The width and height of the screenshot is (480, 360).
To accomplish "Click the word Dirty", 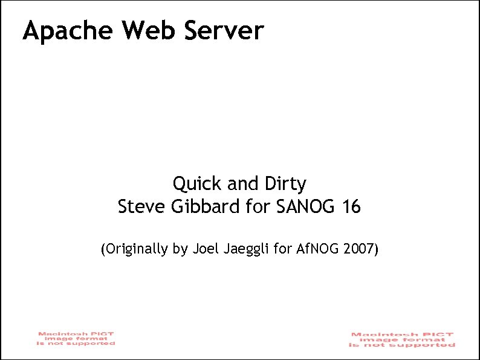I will coord(284,183).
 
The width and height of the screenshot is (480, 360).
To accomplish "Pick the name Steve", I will coord(135,207).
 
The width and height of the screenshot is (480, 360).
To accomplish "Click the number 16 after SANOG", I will coord(351,207).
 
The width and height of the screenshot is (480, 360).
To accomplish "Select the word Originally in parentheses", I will coord(136,249).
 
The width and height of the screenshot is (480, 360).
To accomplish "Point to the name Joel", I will coord(203,248).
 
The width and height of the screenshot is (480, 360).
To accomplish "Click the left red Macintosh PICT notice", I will coord(76,338).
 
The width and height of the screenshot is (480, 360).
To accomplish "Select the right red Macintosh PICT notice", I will coord(402,339).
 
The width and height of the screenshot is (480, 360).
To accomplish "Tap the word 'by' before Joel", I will coord(180,249).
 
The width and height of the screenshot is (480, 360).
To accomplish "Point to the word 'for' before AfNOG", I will coord(282,248).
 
